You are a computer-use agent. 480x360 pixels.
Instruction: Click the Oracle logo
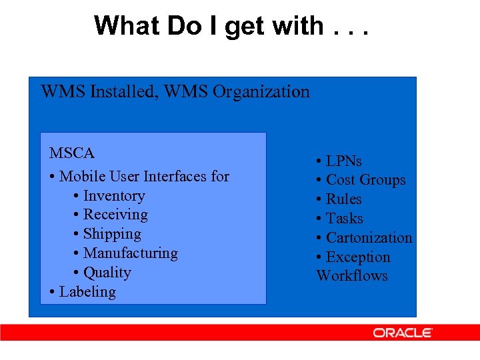[x=403, y=333]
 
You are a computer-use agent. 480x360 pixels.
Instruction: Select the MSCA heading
[x=72, y=153]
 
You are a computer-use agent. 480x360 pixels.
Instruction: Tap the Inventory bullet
[x=113, y=196]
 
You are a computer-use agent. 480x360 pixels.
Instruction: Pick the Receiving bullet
[x=115, y=215]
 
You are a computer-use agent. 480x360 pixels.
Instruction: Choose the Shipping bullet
[x=111, y=234]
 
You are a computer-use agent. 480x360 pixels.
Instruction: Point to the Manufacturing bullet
[x=130, y=253]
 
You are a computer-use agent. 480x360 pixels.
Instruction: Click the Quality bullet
[x=107, y=273]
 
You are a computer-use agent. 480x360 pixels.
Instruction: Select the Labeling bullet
[x=87, y=292]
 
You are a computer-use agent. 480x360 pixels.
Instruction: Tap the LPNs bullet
[x=343, y=161]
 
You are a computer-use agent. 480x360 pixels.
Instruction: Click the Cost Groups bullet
[x=365, y=180]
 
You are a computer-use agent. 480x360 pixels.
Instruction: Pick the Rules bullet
[x=343, y=199]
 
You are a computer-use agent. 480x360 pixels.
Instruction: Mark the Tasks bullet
[x=344, y=219]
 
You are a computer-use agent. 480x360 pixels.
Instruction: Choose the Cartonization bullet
[x=369, y=238]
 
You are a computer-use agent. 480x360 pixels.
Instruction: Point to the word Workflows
[x=352, y=276]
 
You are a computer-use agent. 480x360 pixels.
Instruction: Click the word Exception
[x=358, y=257]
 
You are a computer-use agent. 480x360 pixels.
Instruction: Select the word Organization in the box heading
[x=261, y=91]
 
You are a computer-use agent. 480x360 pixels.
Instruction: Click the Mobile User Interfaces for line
[x=143, y=177]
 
